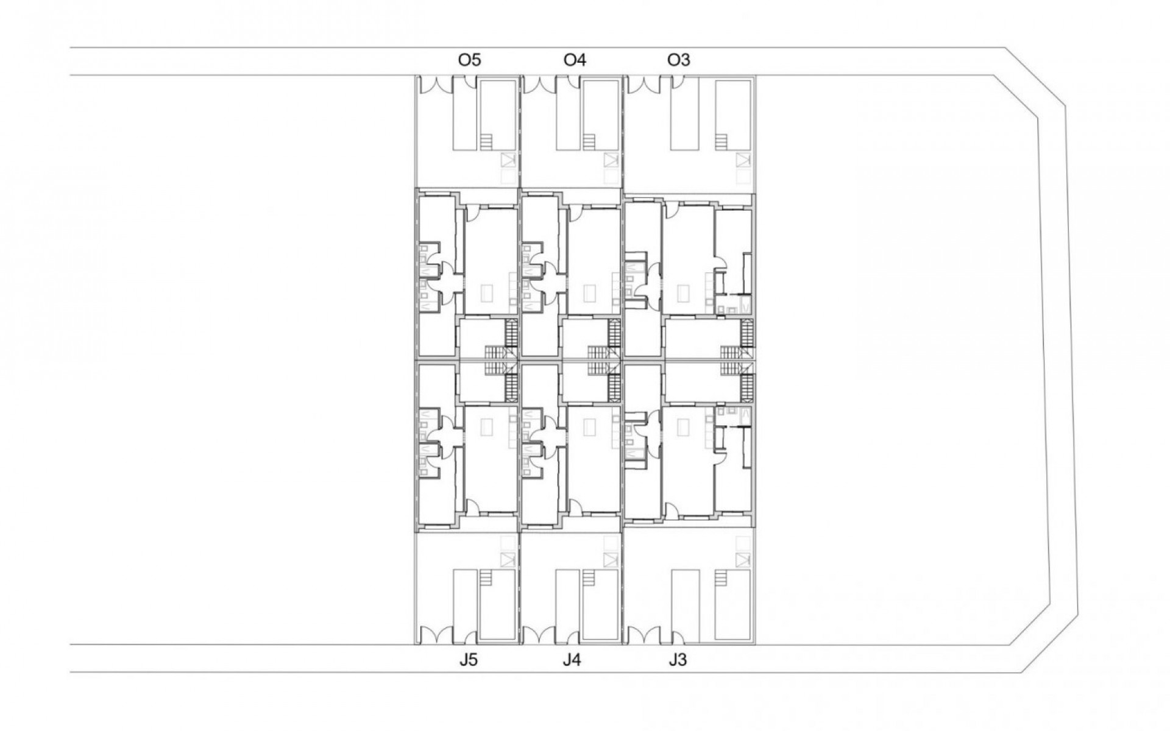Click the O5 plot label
[469, 60]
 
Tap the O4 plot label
[575, 60]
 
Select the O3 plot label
[679, 60]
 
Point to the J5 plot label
[468, 660]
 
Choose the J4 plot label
[572, 660]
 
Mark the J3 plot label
[677, 660]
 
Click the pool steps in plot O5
[486, 142]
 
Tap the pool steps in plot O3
[721, 142]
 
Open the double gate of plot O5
[434, 85]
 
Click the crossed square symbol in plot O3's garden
[742, 160]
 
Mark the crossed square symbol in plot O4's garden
[611, 160]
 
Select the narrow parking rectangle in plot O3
[681, 115]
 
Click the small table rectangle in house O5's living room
[486, 294]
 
